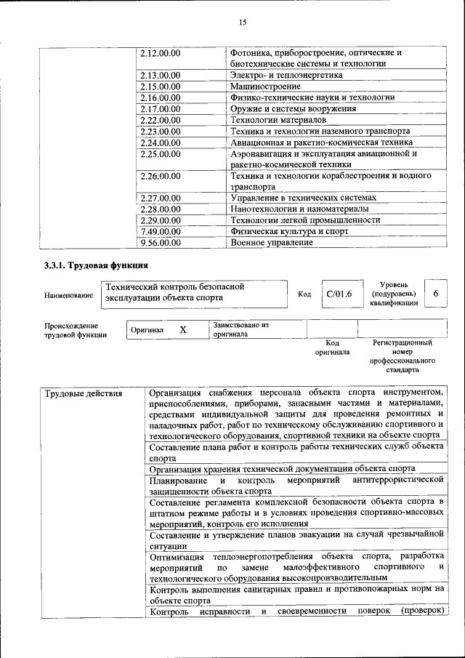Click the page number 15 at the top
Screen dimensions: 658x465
click(x=243, y=23)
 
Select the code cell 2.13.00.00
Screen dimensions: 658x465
click(x=160, y=75)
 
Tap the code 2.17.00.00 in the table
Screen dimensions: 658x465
click(x=160, y=108)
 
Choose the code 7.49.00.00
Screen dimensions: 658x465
click(x=160, y=231)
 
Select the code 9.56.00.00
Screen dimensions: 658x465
click(x=160, y=242)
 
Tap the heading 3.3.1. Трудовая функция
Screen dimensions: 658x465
click(x=96, y=265)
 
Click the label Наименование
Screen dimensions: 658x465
click(x=68, y=295)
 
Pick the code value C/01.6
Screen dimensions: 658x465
click(x=339, y=294)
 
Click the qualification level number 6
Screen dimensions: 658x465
click(x=435, y=293)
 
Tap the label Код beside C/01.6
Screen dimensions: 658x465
click(x=304, y=294)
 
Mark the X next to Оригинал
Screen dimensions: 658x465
click(x=183, y=330)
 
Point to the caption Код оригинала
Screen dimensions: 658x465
click(x=332, y=348)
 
